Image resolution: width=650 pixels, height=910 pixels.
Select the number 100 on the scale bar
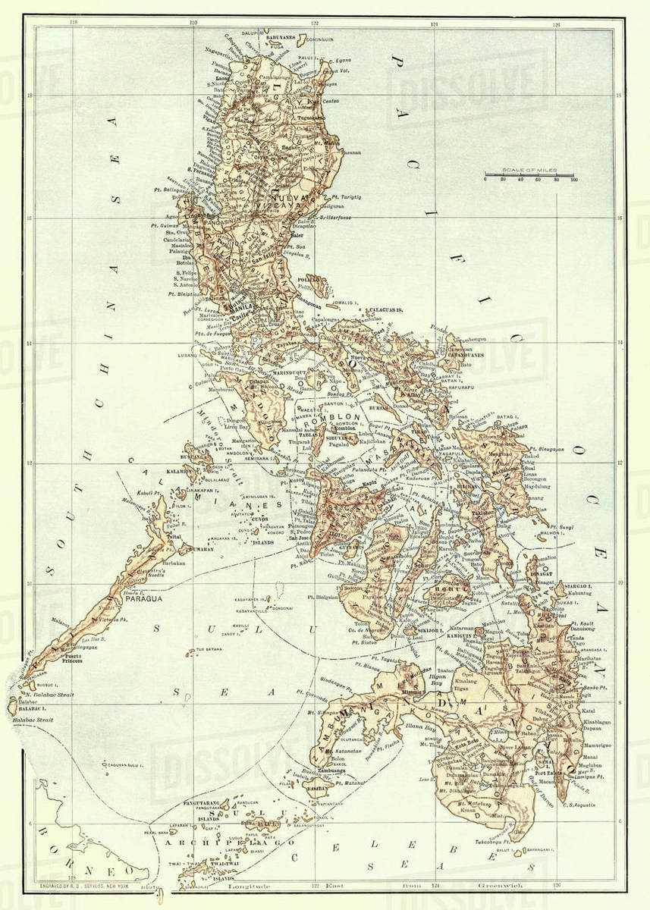click(x=574, y=180)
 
